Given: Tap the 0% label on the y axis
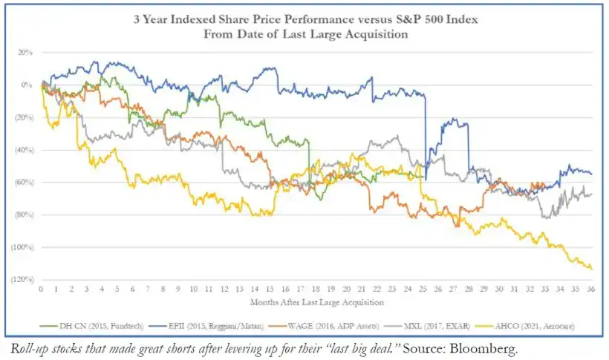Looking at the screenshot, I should (x=27, y=85).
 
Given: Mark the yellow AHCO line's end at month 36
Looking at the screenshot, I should (x=591, y=268).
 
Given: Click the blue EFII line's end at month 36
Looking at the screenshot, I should (x=591, y=174).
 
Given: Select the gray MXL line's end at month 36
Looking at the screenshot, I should (x=591, y=194).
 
